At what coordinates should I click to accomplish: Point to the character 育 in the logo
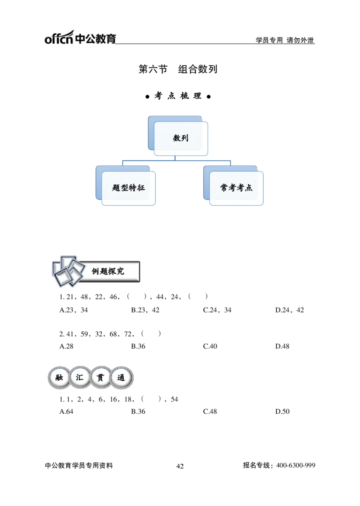tap(111, 38)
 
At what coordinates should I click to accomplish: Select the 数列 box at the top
tap(181, 138)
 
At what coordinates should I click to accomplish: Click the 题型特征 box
tap(128, 188)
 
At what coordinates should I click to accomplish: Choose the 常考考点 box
tap(236, 188)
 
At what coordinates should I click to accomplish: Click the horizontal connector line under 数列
tap(175, 159)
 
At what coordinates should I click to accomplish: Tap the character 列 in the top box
tap(185, 138)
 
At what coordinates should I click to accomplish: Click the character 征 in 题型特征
tap(141, 188)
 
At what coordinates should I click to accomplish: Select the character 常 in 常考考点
tap(224, 188)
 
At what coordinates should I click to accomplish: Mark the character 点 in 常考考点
tap(249, 188)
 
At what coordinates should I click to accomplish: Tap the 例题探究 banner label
tap(108, 271)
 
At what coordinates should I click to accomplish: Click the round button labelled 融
tap(59, 378)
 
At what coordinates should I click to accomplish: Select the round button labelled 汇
tap(80, 378)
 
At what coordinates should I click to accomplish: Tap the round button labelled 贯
tap(100, 378)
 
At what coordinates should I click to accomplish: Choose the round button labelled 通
tap(121, 378)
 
